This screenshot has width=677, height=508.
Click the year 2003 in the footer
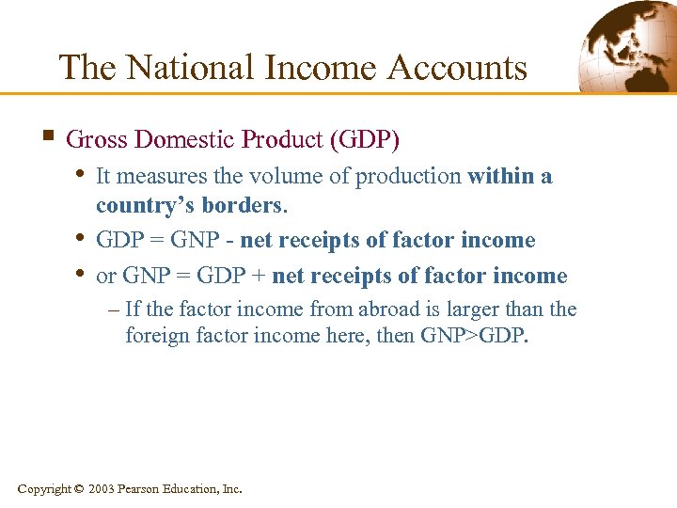102,489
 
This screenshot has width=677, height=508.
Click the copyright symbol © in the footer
78,489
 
